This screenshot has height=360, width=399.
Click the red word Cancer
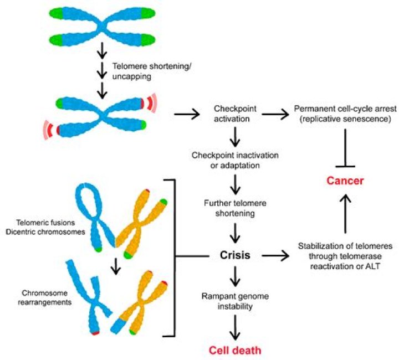(345, 181)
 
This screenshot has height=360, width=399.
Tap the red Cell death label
(235, 350)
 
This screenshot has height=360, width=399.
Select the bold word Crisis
(235, 255)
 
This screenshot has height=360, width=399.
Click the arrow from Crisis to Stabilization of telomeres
(275, 255)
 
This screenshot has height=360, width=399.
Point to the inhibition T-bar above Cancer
(345, 148)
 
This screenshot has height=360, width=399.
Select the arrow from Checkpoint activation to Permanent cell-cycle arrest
(275, 115)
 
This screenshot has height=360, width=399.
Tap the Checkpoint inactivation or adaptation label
(235, 160)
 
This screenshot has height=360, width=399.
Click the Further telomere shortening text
(235, 208)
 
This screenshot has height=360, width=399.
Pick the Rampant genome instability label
(235, 301)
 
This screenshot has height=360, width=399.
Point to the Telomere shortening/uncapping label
(152, 71)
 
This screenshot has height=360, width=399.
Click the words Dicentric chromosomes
(45, 232)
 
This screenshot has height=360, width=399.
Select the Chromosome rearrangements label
(44, 298)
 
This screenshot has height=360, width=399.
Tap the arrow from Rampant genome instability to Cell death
(235, 327)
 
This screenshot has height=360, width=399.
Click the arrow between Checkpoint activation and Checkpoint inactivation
(235, 137)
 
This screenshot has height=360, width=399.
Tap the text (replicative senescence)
(345, 119)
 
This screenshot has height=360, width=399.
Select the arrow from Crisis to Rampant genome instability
(235, 276)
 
